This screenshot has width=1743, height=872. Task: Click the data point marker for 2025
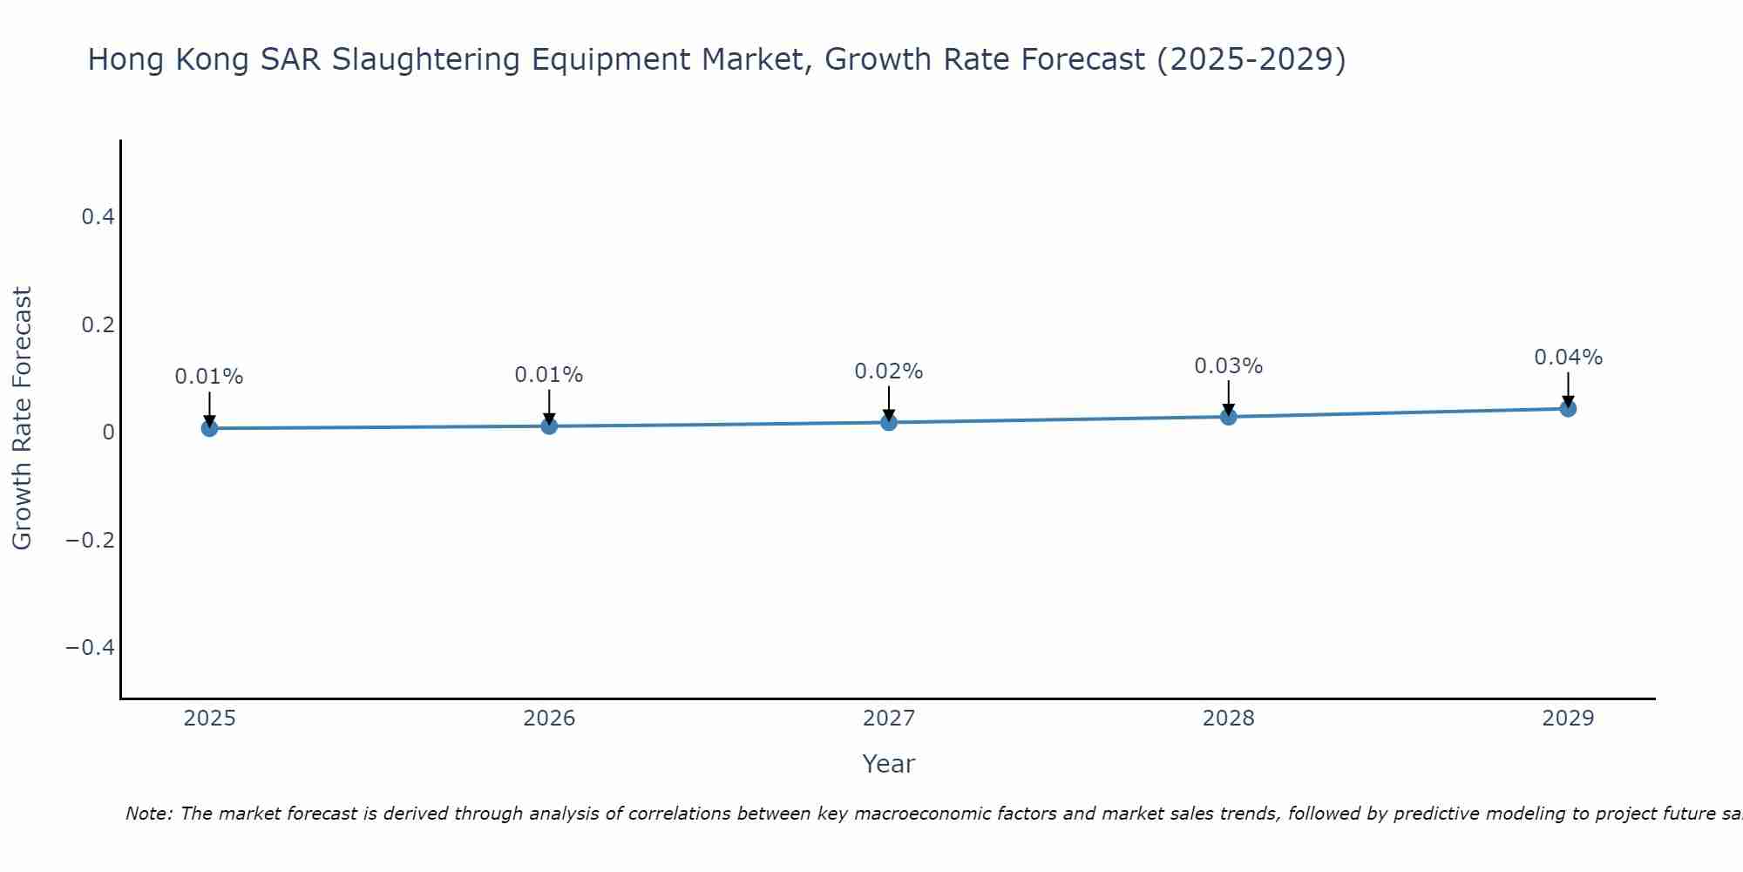(x=209, y=428)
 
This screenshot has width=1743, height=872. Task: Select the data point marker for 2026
(x=549, y=426)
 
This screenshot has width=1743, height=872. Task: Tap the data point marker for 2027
(x=889, y=422)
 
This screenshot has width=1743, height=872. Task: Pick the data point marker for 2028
(x=1228, y=417)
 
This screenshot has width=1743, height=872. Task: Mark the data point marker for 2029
(x=1568, y=408)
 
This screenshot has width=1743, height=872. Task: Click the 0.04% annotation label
(x=1568, y=358)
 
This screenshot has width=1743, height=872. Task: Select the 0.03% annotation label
(x=1228, y=366)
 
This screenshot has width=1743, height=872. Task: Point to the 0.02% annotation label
(x=888, y=371)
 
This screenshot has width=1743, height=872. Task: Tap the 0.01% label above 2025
(x=209, y=377)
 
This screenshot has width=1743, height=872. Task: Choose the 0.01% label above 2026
(x=548, y=375)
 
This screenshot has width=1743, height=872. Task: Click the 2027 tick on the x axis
(x=888, y=719)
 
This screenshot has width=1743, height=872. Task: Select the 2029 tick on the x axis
(x=1568, y=719)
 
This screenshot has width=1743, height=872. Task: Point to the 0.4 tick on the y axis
(x=98, y=216)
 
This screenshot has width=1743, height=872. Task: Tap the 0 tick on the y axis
(x=108, y=432)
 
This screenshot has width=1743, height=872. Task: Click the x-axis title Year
(x=888, y=764)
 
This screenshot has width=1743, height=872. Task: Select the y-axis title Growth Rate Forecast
(x=22, y=418)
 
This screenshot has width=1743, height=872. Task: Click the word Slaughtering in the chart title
(x=424, y=59)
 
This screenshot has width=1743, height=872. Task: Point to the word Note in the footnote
(x=148, y=814)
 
